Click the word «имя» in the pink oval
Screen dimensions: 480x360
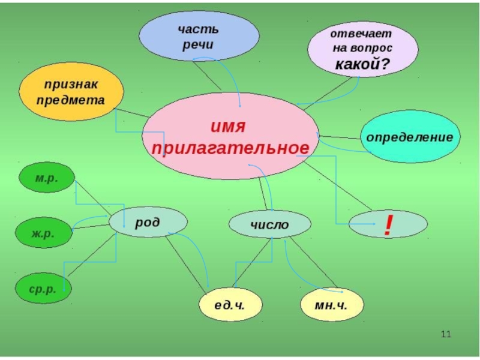(x=229, y=127)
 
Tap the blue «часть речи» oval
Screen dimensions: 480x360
(x=199, y=37)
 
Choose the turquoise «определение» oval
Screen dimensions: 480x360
(x=410, y=137)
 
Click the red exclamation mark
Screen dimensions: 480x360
(x=388, y=224)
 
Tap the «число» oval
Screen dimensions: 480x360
(x=269, y=225)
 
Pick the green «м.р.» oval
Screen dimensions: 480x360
(x=47, y=178)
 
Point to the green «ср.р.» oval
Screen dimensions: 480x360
(x=43, y=289)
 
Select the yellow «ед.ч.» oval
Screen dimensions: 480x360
(x=230, y=304)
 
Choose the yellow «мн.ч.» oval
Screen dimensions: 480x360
(x=331, y=304)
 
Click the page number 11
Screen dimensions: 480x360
(x=445, y=334)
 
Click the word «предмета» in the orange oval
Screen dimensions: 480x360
(x=71, y=100)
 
